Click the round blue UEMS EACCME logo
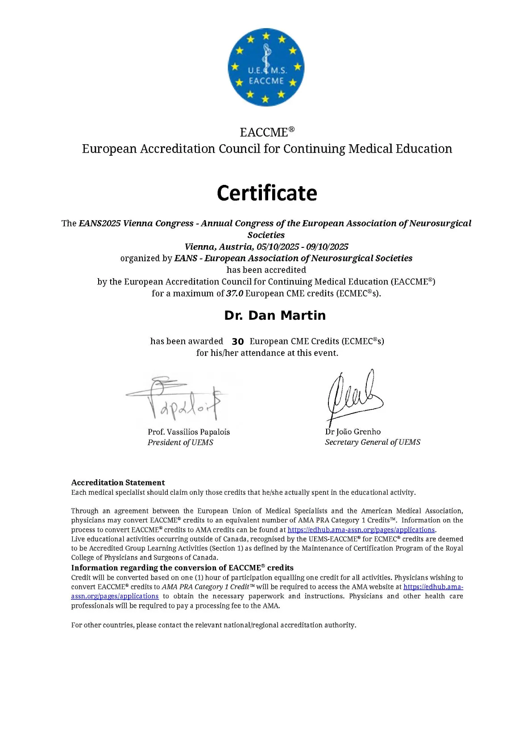266,67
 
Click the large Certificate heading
267,193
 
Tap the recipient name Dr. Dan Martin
275,315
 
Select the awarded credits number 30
237,342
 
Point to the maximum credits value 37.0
235,293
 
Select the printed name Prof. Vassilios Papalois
189,432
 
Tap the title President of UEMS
180,443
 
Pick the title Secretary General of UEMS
373,442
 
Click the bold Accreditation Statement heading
118,483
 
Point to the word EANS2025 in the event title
100,223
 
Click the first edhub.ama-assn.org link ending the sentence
361,530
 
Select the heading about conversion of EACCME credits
182,568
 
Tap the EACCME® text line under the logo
267,132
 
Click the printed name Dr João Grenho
353,432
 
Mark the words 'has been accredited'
266,270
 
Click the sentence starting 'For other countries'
213,625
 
